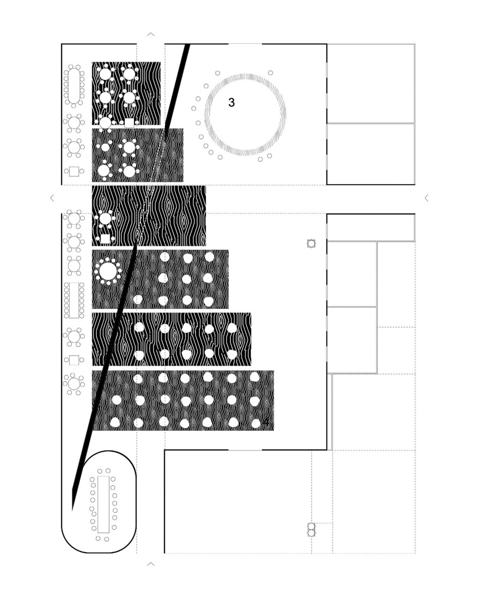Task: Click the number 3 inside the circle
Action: (x=231, y=102)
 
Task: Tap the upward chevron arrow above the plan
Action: (x=151, y=35)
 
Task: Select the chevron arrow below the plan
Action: (x=151, y=564)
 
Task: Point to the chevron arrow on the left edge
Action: (x=52, y=198)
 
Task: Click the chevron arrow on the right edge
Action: (x=426, y=198)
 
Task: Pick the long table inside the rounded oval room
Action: (x=103, y=504)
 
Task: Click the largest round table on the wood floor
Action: (x=107, y=271)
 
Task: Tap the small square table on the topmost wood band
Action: (x=129, y=123)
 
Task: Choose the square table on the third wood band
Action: (x=105, y=239)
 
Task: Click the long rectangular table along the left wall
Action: (x=73, y=300)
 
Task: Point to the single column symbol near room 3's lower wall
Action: (x=311, y=244)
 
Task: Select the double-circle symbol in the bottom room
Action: (x=311, y=530)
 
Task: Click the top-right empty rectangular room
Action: (x=370, y=83)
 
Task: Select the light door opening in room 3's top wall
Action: (x=245, y=44)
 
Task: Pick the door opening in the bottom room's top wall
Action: (x=245, y=450)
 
